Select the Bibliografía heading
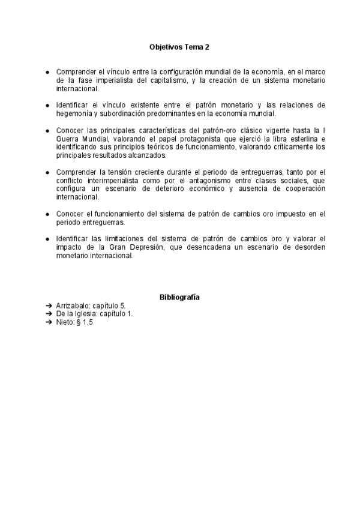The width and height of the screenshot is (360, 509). coord(180,297)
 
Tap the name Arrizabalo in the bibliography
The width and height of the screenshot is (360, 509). coord(74,306)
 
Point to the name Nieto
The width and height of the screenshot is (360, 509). coord(65,322)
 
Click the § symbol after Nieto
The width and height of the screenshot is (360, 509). coord(79,322)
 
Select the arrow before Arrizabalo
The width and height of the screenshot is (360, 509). coord(49,306)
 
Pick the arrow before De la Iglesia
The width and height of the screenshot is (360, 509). coord(49,314)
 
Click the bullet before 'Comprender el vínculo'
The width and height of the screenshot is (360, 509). coord(48,71)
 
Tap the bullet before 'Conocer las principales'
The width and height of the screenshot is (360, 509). coord(48,130)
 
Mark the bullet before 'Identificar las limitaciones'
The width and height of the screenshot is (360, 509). coord(48,238)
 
